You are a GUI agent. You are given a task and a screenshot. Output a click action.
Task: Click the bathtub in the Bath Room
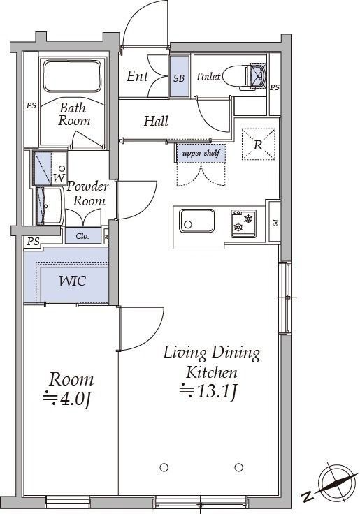(x=72, y=75)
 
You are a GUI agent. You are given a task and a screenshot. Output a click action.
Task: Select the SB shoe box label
(x=179, y=78)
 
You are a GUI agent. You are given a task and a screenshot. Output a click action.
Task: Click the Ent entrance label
(x=138, y=76)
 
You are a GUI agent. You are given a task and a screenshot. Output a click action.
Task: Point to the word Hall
(x=156, y=121)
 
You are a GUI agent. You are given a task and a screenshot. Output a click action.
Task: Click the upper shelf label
(x=201, y=153)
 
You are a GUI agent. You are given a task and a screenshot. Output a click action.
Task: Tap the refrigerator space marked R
(x=258, y=145)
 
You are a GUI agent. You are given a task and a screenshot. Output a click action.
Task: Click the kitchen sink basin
(x=196, y=220)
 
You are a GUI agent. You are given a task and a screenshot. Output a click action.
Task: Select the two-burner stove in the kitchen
(x=243, y=223)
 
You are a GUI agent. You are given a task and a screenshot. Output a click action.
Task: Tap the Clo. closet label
(x=82, y=236)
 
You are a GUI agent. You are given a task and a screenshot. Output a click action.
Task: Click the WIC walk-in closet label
(x=73, y=281)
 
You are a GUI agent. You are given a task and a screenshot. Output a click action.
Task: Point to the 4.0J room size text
(x=67, y=399)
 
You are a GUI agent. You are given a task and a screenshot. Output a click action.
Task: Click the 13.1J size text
(x=208, y=391)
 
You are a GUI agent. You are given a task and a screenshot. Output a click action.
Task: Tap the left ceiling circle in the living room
(x=164, y=467)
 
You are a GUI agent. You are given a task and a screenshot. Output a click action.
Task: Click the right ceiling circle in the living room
(x=239, y=467)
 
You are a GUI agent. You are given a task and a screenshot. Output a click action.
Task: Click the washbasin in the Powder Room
(x=49, y=205)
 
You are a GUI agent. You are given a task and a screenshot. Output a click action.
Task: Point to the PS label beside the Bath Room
(x=31, y=106)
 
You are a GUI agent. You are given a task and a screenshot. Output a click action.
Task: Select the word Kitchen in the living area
(x=212, y=372)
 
